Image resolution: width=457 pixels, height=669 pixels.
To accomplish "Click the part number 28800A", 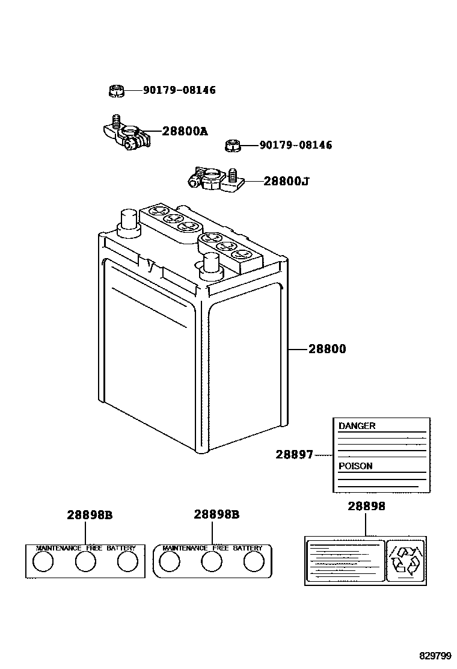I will click(184, 131).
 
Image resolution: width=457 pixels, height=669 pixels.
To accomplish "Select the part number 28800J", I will click(286, 180).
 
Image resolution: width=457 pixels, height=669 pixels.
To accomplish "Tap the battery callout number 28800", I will click(327, 349).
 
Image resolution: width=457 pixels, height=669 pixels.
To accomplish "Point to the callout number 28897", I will click(294, 455).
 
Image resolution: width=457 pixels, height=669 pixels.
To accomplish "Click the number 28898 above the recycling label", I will click(366, 507).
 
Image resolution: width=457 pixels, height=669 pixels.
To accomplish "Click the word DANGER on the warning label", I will click(357, 426).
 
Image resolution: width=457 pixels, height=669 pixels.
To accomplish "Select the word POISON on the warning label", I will click(355, 466).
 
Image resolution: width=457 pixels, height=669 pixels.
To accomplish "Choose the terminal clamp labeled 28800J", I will click(214, 179).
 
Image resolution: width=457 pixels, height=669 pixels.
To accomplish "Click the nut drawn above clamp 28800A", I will click(116, 91).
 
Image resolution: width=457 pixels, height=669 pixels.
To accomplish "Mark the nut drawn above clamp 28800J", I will click(233, 145).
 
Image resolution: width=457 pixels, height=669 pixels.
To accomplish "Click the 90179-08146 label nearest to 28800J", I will click(295, 145).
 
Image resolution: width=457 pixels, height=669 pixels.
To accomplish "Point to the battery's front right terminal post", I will click(210, 264).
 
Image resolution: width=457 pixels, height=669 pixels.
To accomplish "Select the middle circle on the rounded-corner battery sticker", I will click(212, 562).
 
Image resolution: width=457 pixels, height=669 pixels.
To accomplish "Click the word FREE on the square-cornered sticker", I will click(94, 549).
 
